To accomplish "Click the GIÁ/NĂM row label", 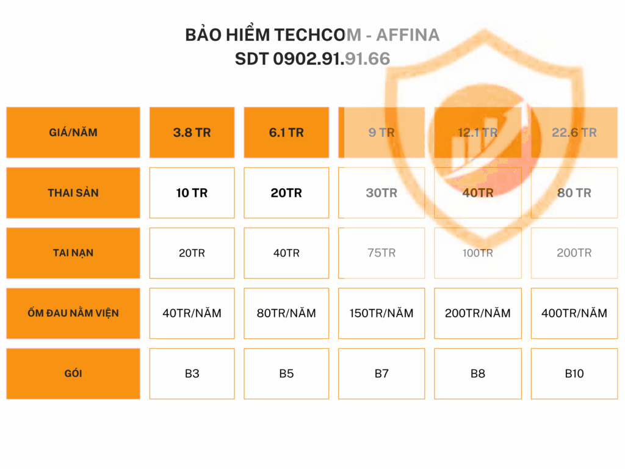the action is (73, 133).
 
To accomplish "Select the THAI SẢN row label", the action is (73, 192).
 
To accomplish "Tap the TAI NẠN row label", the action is (73, 253).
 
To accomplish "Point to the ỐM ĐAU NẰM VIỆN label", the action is (73, 313).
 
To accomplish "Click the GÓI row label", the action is (73, 373).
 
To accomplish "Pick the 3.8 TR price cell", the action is (192, 133).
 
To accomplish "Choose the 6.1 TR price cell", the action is (286, 133).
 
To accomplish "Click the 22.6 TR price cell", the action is (574, 133).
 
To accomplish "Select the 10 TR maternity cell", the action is (192, 192).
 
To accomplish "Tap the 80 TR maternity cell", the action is (574, 192).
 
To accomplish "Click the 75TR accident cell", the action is (381, 253).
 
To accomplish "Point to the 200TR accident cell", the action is (574, 253).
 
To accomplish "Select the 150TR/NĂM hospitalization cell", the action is (381, 313).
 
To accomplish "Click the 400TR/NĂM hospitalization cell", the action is (574, 313).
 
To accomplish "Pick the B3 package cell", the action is (192, 373).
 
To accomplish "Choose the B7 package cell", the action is (381, 373).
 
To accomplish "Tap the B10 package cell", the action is (574, 373).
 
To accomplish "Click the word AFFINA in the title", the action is (408, 35).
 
